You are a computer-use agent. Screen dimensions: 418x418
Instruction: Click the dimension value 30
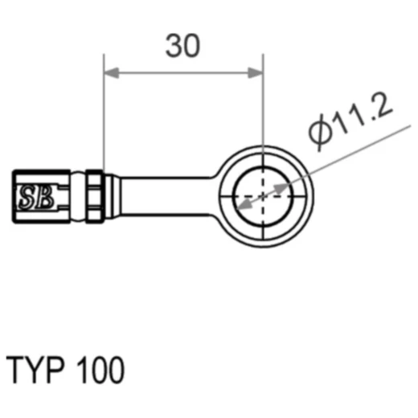[183, 47]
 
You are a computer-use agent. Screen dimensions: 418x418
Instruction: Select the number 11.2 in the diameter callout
[361, 117]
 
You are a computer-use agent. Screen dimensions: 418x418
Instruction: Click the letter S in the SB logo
[27, 195]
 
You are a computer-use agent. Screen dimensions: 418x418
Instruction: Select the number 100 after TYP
[100, 371]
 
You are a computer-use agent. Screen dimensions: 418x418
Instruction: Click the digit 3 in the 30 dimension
[174, 47]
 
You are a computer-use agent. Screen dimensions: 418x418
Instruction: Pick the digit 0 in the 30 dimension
[193, 47]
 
